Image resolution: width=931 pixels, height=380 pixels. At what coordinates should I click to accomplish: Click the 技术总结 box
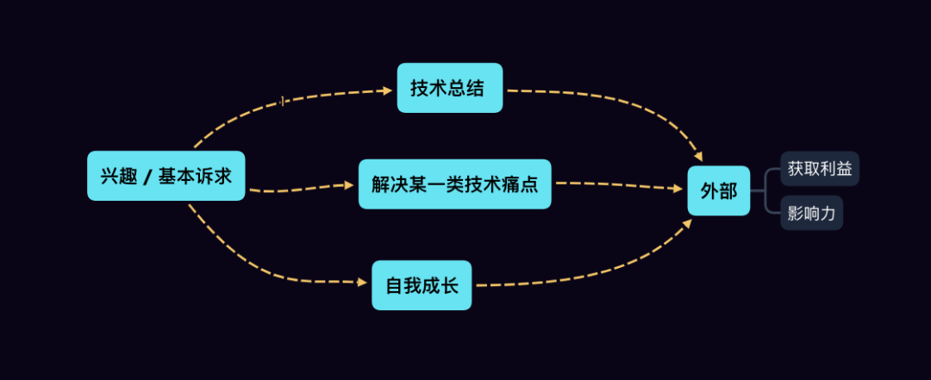(x=449, y=88)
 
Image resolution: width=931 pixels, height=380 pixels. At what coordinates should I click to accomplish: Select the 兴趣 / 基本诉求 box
(x=166, y=176)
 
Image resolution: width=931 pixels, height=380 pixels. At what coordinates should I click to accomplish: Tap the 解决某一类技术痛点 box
(x=454, y=184)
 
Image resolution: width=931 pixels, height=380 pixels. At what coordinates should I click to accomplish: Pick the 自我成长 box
(x=422, y=285)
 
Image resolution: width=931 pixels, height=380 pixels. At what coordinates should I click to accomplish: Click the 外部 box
(x=718, y=190)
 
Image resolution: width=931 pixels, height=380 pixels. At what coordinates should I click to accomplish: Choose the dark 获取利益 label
(x=820, y=168)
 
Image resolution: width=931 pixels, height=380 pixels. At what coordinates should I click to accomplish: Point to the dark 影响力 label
(x=811, y=213)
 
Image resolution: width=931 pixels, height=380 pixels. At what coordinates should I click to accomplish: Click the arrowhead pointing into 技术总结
(x=387, y=89)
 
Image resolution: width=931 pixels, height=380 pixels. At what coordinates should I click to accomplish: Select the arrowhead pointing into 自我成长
(x=362, y=282)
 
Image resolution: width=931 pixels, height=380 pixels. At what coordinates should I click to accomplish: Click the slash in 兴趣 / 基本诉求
(x=147, y=177)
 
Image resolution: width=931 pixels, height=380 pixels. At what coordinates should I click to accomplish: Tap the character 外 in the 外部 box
(x=708, y=190)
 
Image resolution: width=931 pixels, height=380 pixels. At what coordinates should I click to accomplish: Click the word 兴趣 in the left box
(x=116, y=176)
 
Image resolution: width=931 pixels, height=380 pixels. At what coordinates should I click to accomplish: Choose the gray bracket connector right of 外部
(x=765, y=190)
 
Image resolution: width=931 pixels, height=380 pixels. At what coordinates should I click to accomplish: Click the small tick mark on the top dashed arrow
(x=282, y=102)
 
